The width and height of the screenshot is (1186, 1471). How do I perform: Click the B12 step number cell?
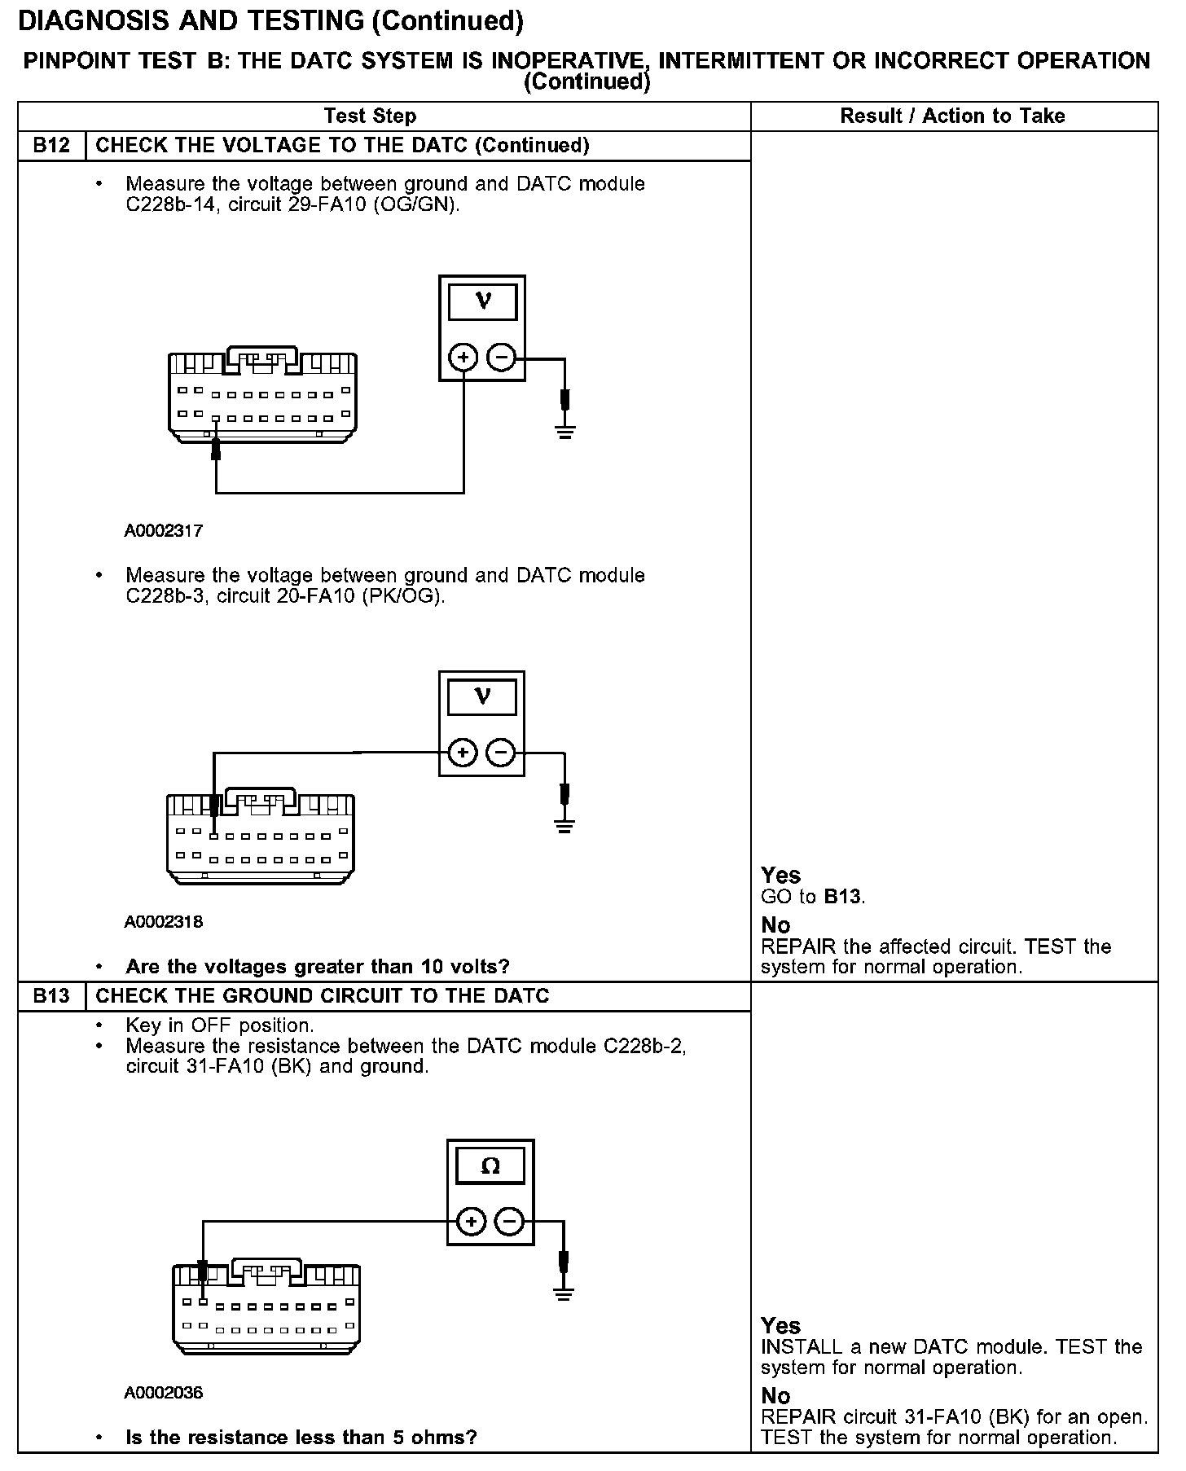[51, 146]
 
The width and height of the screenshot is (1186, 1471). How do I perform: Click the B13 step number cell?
[51, 996]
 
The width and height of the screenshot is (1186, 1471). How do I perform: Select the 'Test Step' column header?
[370, 116]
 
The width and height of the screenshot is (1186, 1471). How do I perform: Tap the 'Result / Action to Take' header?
[952, 116]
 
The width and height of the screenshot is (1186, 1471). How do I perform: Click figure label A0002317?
[163, 531]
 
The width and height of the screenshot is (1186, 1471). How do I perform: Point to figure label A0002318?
[163, 922]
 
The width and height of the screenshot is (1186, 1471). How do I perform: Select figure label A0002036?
[163, 1393]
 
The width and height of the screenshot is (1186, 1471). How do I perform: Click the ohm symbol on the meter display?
[490, 1166]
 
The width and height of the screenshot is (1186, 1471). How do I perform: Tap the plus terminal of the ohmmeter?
[472, 1222]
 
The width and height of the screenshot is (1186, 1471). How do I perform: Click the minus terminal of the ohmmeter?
[509, 1222]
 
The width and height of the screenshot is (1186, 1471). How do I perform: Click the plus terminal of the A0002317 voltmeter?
[463, 357]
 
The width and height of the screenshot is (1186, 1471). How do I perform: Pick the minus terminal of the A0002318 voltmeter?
[501, 752]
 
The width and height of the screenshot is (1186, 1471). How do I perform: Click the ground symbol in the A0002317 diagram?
[564, 429]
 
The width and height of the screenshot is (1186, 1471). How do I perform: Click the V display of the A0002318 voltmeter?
[482, 697]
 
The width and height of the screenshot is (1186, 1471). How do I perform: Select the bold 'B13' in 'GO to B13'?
[842, 897]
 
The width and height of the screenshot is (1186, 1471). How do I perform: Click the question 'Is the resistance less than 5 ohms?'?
[301, 1438]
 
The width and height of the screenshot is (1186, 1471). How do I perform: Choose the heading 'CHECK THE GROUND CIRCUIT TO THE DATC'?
[323, 996]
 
